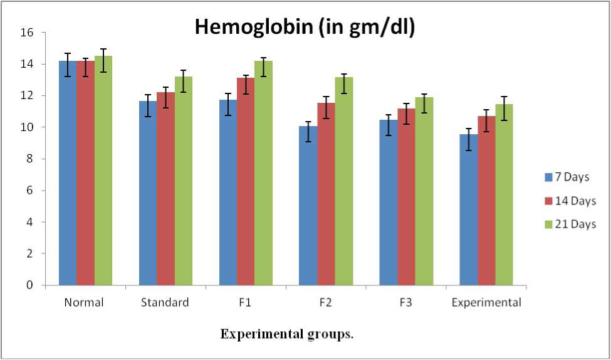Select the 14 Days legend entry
[571, 201]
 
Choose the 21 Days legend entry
[571, 224]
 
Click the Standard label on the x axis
[165, 303]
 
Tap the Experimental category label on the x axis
[486, 303]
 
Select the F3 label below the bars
[405, 303]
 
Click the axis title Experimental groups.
[286, 334]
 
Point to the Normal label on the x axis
[85, 303]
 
